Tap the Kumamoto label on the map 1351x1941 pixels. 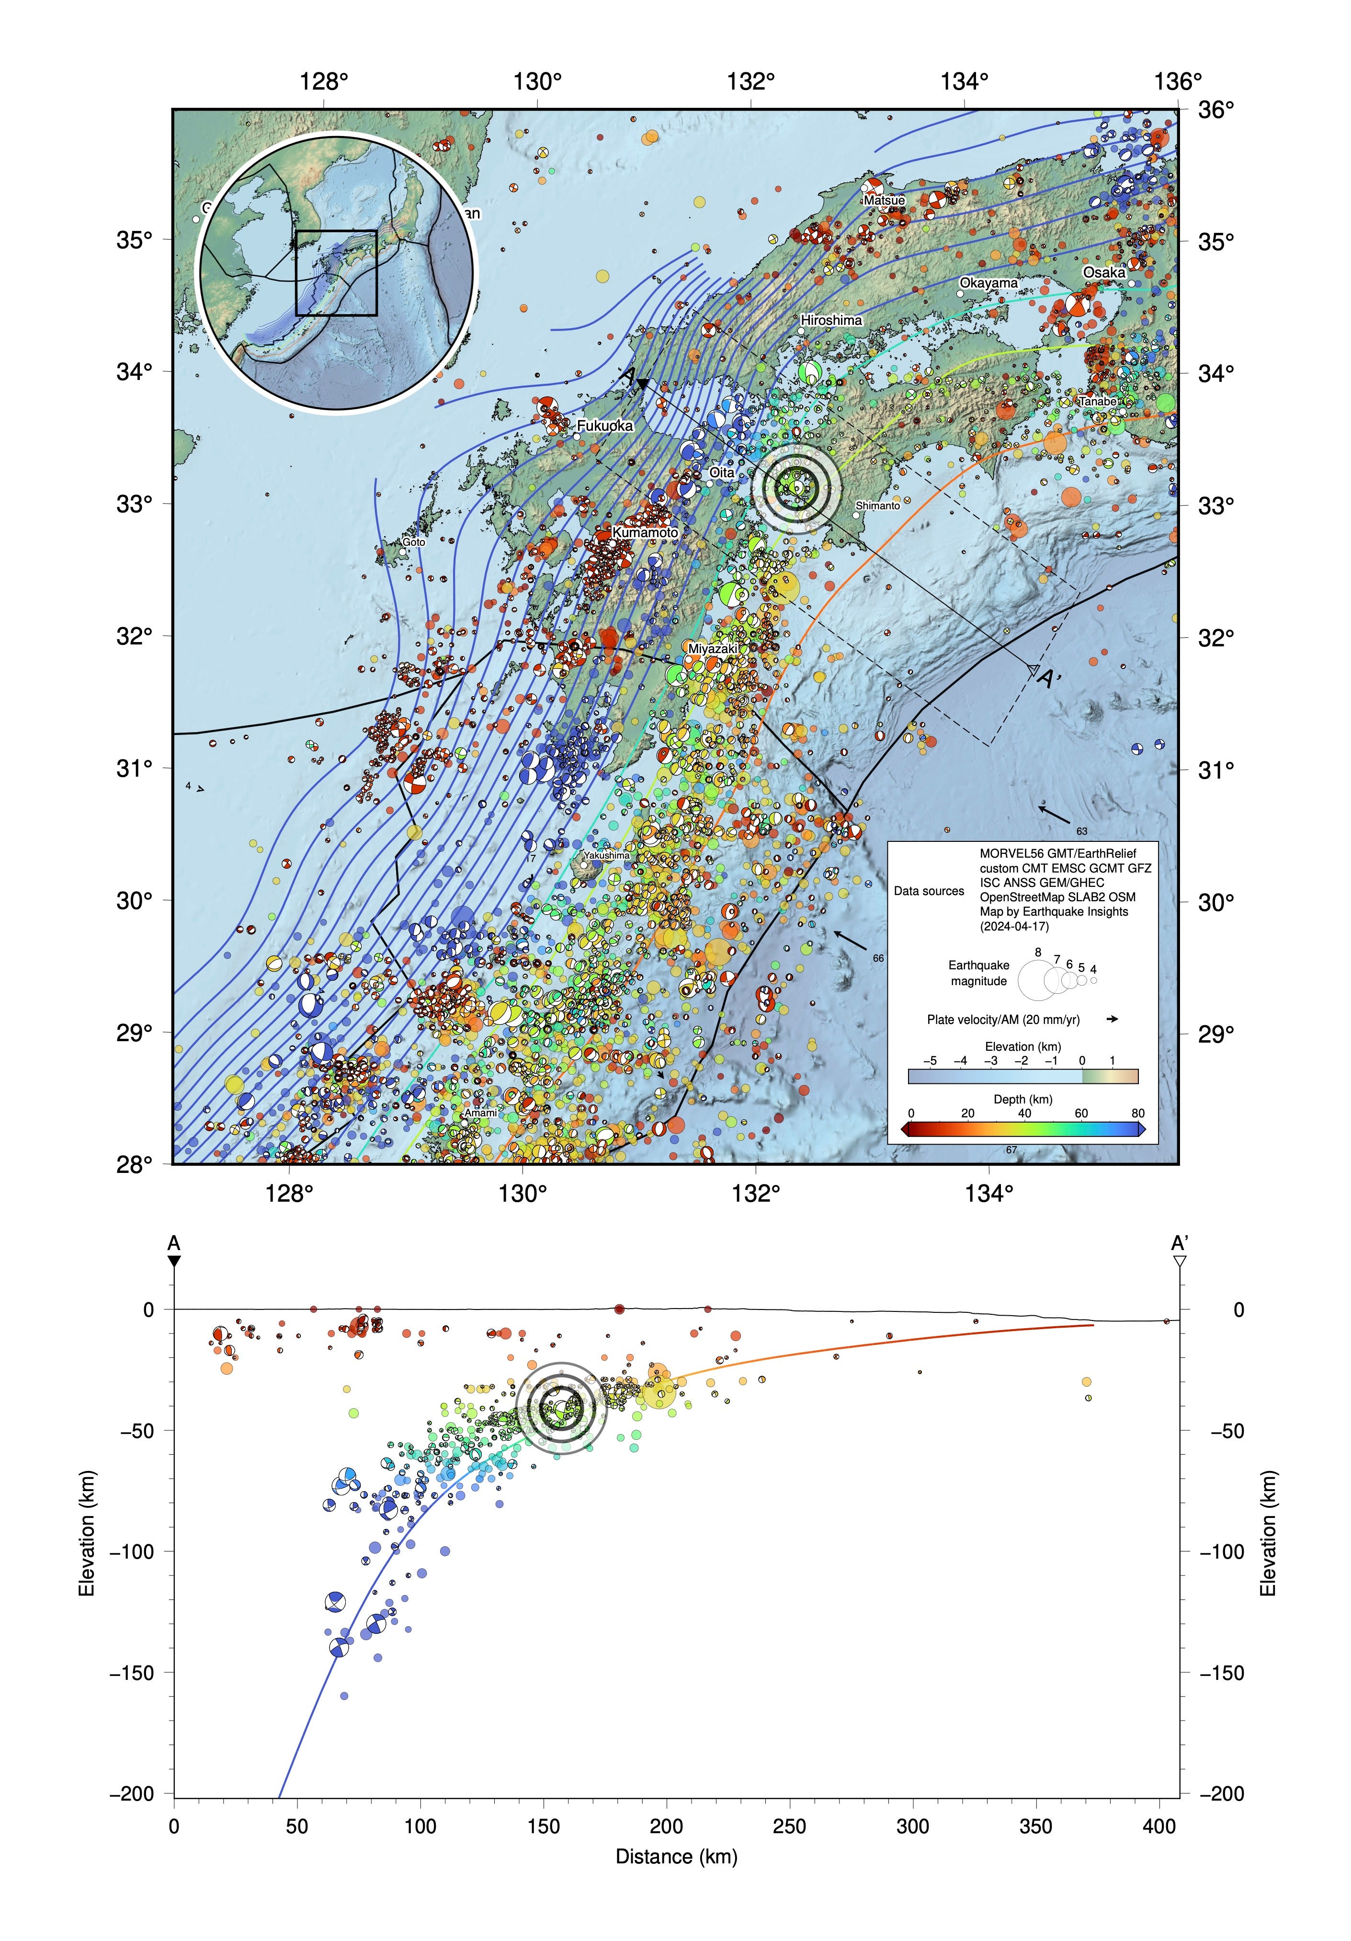(645, 533)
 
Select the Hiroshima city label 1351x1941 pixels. (830, 321)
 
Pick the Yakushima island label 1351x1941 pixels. (607, 855)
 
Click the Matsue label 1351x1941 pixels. (884, 200)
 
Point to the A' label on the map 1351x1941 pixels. (1048, 679)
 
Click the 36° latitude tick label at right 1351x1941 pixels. (1216, 110)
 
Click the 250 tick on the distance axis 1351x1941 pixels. (789, 1826)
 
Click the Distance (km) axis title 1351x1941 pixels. (676, 1857)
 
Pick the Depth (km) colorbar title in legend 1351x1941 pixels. (1022, 1099)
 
